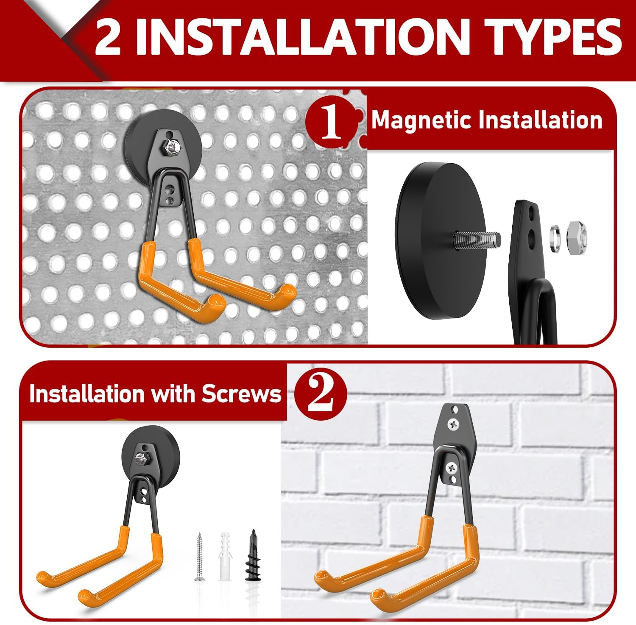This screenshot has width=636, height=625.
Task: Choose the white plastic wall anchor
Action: (225, 556)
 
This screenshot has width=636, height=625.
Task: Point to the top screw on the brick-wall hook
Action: (453, 422)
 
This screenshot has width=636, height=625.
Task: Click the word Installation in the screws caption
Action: (87, 394)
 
